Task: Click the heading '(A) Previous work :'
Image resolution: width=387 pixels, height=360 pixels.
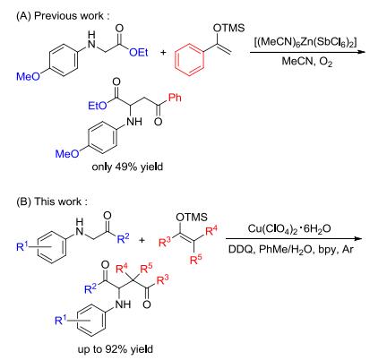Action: pyautogui.click(x=63, y=16)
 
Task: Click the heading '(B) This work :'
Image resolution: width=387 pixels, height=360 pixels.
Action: pyautogui.click(x=52, y=201)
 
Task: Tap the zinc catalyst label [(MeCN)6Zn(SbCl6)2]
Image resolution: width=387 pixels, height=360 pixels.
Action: pyautogui.click(x=305, y=43)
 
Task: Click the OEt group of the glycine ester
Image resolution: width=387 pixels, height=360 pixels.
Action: pyautogui.click(x=139, y=53)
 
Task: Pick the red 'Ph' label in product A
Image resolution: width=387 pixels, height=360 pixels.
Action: pyautogui.click(x=175, y=98)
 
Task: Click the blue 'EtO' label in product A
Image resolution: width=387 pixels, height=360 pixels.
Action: pyautogui.click(x=98, y=106)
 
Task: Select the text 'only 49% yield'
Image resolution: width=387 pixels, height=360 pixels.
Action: pyautogui.click(x=127, y=167)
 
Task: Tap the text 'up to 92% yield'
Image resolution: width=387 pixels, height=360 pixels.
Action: pyautogui.click(x=116, y=348)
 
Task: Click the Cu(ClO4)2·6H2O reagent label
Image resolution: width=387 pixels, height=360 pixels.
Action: pyautogui.click(x=289, y=229)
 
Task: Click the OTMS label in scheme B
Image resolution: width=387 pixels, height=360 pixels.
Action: pyautogui.click(x=192, y=217)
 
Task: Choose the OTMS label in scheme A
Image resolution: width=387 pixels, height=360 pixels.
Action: pyautogui.click(x=228, y=28)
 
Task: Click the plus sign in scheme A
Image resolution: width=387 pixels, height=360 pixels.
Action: pyautogui.click(x=163, y=53)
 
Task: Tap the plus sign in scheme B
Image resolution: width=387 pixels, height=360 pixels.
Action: pyautogui.click(x=142, y=240)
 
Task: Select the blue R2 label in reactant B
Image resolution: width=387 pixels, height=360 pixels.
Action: pyautogui.click(x=123, y=239)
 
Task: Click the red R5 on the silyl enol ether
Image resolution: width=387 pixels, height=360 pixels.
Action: pyautogui.click(x=196, y=260)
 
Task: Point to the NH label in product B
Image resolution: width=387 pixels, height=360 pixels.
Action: pyautogui.click(x=123, y=304)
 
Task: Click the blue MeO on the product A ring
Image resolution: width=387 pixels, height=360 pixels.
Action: pyautogui.click(x=67, y=154)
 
